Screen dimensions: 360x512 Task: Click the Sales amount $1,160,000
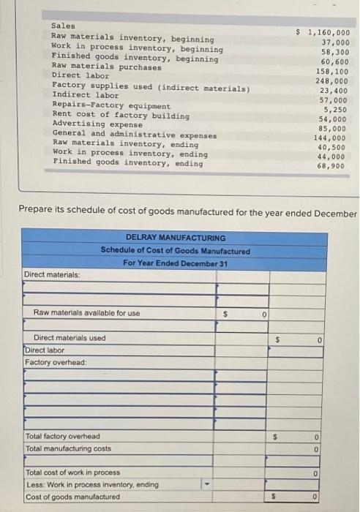[323, 33]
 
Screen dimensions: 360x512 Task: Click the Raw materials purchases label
[107, 67]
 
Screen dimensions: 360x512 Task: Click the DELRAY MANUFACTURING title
[176, 238]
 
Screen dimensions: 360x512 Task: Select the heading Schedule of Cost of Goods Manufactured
[176, 250]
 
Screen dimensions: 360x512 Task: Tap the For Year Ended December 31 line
[176, 263]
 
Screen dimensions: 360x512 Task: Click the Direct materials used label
[70, 338]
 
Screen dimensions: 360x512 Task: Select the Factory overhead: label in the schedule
[56, 362]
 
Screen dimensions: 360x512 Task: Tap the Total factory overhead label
[63, 436]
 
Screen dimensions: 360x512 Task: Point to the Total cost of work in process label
[72, 473]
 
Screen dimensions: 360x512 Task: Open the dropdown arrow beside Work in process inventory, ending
[205, 485]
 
